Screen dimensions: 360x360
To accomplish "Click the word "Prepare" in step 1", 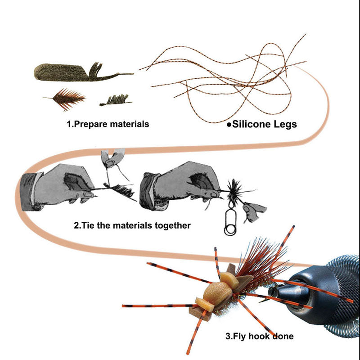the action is [x=90, y=125].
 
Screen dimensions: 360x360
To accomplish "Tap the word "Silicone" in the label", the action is [x=252, y=124].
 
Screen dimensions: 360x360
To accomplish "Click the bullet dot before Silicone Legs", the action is [x=229, y=125].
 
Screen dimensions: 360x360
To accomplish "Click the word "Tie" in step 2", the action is [x=86, y=225].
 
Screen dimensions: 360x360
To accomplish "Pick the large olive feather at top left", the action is [x=83, y=72].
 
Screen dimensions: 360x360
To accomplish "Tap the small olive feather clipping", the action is [x=116, y=100].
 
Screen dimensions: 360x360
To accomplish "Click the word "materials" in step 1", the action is [x=129, y=125].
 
